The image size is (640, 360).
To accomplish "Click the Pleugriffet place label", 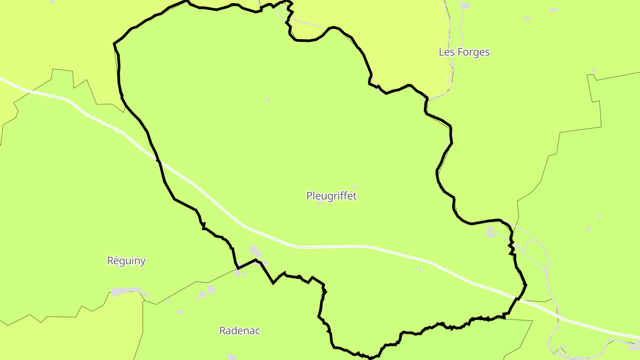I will click(x=332, y=196).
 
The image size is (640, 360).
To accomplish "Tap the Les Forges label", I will click(x=464, y=52).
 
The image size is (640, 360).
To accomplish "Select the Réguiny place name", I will click(x=126, y=261).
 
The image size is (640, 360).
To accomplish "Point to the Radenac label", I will click(x=240, y=331).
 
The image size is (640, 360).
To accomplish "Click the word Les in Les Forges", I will click(x=446, y=52).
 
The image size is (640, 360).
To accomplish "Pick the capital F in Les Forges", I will click(x=460, y=52).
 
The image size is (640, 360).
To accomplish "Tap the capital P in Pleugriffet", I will click(x=309, y=196).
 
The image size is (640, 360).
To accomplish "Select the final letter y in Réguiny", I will click(x=143, y=262).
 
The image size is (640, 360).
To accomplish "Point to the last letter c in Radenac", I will click(x=258, y=331).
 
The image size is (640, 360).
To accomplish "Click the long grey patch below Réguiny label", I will click(x=126, y=292).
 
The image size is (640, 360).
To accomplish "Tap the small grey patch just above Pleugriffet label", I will click(x=354, y=187).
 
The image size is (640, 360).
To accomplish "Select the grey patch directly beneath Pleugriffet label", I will click(x=320, y=203).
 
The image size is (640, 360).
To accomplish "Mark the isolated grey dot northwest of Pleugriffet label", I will click(x=267, y=100).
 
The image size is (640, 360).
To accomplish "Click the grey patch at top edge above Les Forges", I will click(x=465, y=5).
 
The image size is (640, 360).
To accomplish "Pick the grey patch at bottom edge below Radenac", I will click(x=232, y=357).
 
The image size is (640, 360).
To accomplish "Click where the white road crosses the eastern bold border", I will click(x=519, y=299).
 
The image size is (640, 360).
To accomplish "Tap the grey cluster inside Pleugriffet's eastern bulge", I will click(x=490, y=232).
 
